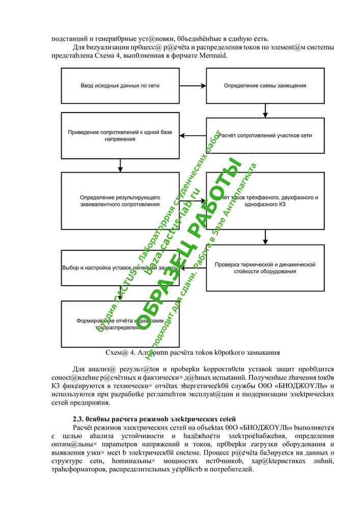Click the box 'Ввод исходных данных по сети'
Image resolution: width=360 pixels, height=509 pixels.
coord(119,86)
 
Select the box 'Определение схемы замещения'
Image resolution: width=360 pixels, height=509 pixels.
coord(265,86)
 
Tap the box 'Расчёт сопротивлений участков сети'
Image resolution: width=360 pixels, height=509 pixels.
coord(265,135)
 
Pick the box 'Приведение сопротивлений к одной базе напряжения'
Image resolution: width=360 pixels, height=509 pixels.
coord(119,135)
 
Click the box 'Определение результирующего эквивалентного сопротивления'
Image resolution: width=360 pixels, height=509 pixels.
coord(119,201)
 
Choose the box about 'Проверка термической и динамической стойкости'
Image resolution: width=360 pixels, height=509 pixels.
coord(265,268)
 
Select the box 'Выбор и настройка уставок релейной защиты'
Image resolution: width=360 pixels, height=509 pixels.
coord(119,268)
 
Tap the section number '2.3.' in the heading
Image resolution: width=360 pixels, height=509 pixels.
coord(78,418)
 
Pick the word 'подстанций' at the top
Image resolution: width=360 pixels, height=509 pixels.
coord(69,38)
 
